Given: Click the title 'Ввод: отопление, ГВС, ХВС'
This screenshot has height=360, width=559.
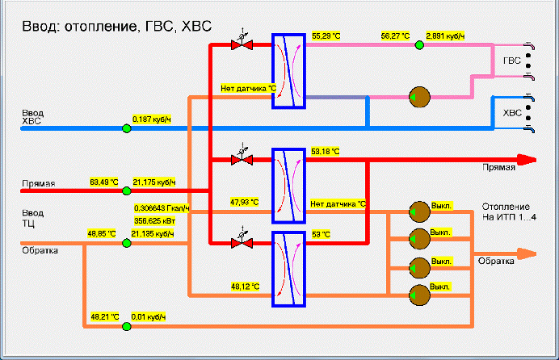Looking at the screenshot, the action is point(116,27).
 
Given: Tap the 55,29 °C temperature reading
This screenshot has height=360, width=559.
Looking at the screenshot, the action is point(326,36).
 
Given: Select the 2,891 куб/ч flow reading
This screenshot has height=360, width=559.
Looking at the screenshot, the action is point(445,36).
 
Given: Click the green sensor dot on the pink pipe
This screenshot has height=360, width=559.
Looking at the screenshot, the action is point(419,45).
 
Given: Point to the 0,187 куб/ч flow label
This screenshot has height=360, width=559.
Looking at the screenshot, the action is point(152,119).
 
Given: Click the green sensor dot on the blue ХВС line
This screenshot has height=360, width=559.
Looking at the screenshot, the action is point(127,128).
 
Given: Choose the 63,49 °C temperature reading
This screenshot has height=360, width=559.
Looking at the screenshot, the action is point(103,182).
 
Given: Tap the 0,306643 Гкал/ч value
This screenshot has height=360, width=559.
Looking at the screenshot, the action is point(162,208).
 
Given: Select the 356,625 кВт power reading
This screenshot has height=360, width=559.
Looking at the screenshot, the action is point(155,221).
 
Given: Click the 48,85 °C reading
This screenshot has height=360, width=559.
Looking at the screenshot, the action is point(102,234).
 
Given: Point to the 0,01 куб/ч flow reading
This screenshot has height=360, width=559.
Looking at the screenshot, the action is point(149,317).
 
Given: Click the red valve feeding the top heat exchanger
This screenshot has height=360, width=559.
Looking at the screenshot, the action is point(242,44).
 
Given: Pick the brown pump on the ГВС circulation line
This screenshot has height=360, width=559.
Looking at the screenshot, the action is point(419,97).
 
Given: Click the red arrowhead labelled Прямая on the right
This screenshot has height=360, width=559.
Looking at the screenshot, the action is point(527,160).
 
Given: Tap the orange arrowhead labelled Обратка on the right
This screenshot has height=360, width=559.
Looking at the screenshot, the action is point(527,254).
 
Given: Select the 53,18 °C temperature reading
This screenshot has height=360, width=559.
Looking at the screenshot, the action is point(325,152).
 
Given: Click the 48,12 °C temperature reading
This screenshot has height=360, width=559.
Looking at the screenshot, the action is point(246,287).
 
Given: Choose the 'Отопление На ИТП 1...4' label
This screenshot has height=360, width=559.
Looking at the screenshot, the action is point(509,211).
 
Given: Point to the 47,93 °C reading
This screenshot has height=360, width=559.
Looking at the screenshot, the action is point(245,203).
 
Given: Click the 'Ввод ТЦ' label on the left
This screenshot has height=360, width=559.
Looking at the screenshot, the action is point(33,218).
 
